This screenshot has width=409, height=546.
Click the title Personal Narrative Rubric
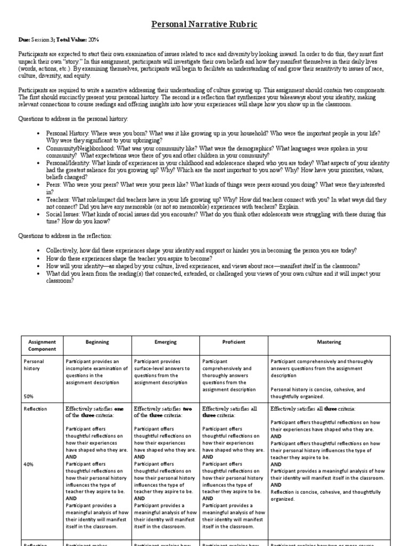click(204, 24)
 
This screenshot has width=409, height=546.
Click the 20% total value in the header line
click(94, 39)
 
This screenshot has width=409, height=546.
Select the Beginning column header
click(97, 342)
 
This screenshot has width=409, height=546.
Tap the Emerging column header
click(165, 342)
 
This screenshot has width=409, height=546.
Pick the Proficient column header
click(233, 342)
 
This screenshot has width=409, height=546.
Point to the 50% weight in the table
click(29, 396)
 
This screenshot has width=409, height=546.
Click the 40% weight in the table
click(29, 464)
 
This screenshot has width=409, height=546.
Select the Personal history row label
click(34, 365)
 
